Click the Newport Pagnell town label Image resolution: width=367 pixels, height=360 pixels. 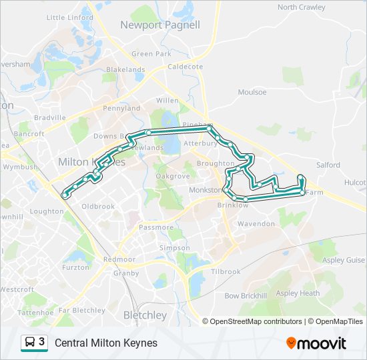point(159,25)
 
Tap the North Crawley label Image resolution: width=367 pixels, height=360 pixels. point(302,7)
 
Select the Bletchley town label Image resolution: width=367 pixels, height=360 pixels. point(145,315)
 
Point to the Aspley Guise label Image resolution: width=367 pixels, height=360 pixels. point(347,260)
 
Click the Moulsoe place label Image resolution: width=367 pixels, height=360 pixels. point(252,92)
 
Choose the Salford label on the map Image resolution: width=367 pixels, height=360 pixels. point(328,165)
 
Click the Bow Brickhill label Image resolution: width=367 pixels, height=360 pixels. point(246,295)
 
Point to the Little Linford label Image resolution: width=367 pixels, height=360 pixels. point(70,17)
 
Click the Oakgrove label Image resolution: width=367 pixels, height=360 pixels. point(173,176)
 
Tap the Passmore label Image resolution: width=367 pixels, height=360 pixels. point(156,227)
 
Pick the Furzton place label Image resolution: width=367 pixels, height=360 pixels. point(75,267)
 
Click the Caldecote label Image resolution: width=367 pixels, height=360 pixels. point(185,67)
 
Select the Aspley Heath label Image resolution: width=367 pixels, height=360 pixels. point(298,293)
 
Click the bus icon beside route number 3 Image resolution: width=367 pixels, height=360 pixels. point(30,343)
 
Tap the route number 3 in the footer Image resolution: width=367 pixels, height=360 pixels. point(41,342)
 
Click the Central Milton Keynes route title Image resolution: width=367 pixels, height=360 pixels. point(106,343)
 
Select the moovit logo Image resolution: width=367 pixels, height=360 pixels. point(316,343)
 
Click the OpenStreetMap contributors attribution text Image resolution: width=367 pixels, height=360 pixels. point(256,321)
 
